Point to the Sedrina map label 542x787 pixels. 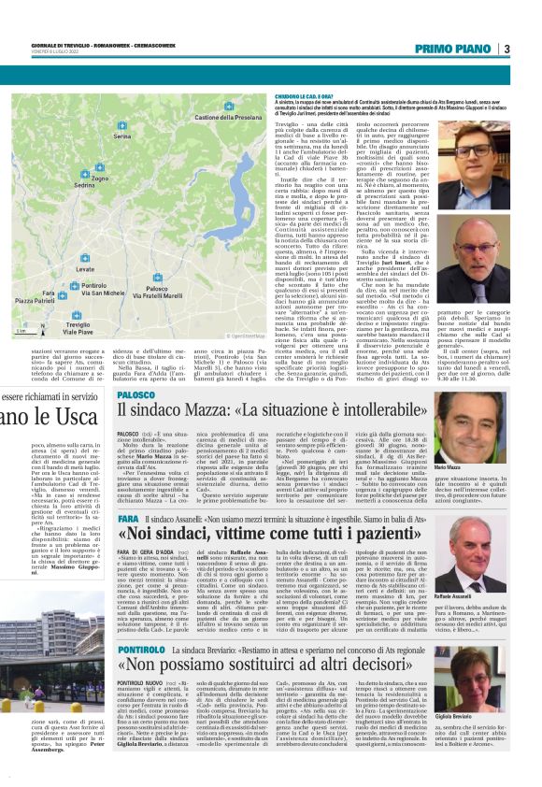85,186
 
